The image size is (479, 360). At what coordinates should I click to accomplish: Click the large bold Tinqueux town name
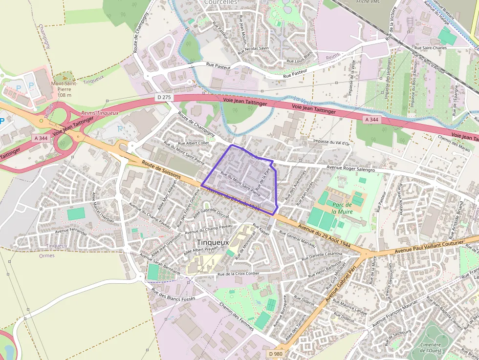pyautogui.click(x=213, y=242)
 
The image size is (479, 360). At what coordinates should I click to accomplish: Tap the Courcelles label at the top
pyautogui.click(x=220, y=2)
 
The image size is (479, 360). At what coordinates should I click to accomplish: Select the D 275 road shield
pyautogui.click(x=164, y=97)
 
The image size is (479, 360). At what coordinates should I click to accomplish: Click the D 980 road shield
pyautogui.click(x=275, y=353)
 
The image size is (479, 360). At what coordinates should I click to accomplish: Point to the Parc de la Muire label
pyautogui.click(x=342, y=208)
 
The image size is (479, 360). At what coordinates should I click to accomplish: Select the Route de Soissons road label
pyautogui.click(x=161, y=169)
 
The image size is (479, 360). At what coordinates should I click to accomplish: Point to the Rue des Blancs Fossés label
pyautogui.click(x=173, y=294)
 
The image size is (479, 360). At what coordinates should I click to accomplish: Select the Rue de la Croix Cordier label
pyautogui.click(x=238, y=274)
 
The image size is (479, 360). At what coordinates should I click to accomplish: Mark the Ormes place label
pyautogui.click(x=46, y=255)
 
